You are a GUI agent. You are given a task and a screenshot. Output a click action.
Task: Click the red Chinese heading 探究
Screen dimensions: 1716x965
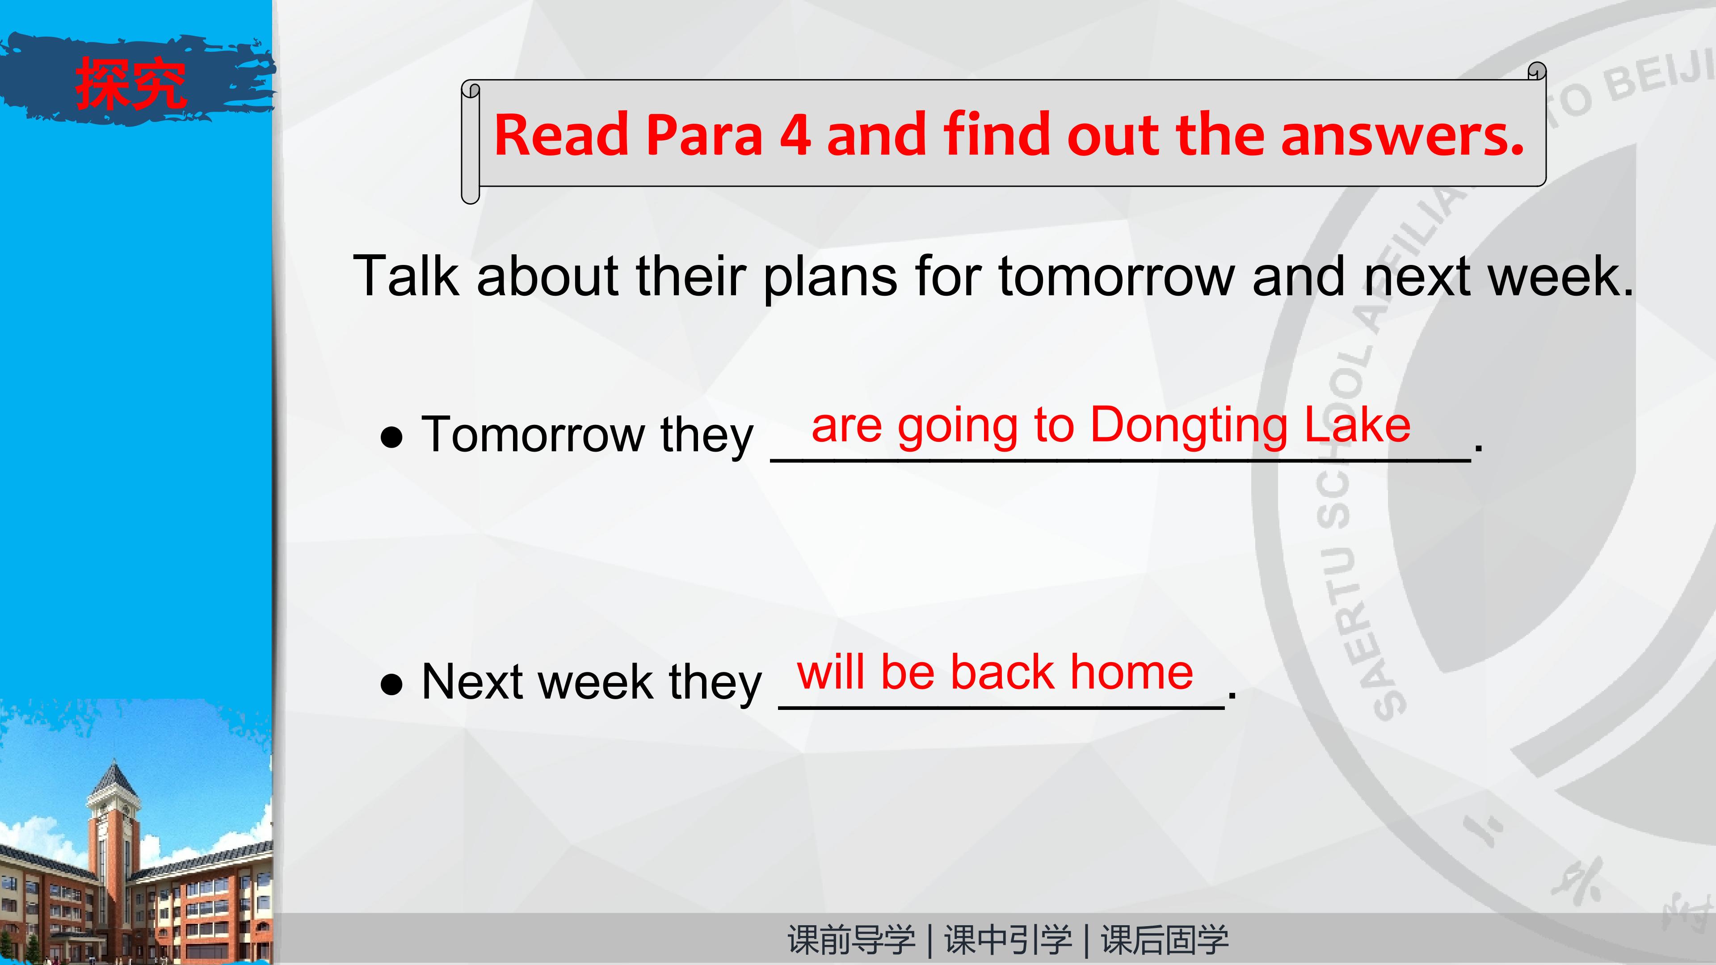tap(130, 83)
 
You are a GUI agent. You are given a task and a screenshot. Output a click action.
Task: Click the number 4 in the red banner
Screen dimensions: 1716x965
tap(795, 135)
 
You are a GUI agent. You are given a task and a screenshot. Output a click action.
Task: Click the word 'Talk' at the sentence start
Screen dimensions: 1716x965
tap(406, 275)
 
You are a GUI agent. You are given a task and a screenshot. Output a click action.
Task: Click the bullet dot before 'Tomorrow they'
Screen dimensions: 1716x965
tap(392, 437)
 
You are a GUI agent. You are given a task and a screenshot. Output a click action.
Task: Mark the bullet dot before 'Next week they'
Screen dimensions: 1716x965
tap(392, 684)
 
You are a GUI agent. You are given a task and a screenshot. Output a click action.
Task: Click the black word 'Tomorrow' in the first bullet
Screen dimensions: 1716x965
tap(533, 434)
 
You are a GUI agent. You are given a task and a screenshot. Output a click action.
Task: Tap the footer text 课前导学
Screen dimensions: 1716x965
tap(851, 940)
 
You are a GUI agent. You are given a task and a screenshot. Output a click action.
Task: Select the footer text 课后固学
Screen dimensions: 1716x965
tap(1165, 940)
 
